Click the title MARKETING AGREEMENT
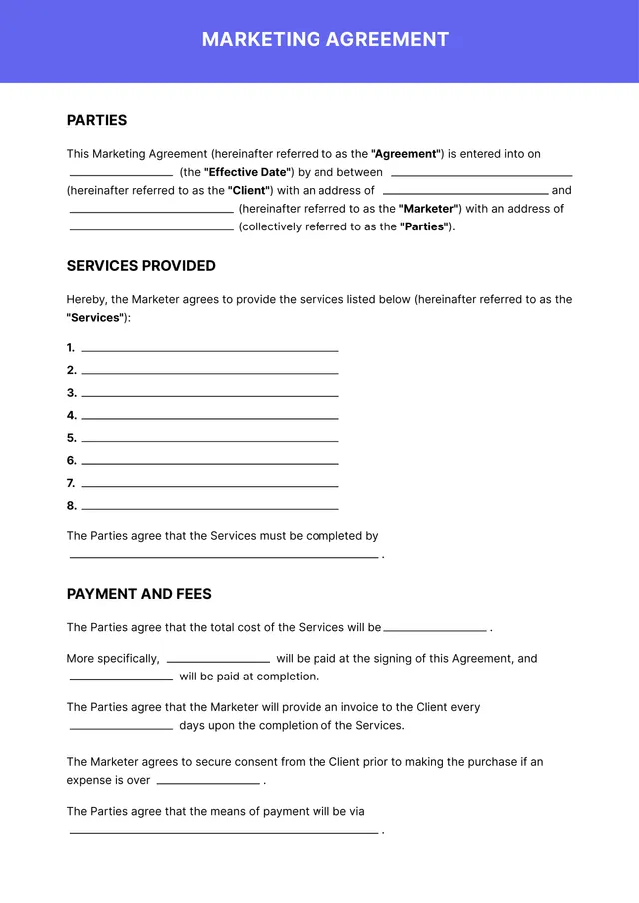coord(325,40)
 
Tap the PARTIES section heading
coord(97,120)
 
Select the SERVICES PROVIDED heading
coord(141,266)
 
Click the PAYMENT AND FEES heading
coord(139,594)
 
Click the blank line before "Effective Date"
coord(121,174)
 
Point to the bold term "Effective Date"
coord(246,172)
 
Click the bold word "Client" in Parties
coord(250,190)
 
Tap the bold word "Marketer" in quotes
coord(429,209)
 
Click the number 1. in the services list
coord(71,348)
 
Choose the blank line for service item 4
coord(210,417)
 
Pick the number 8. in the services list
coord(71,506)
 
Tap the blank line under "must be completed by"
coord(224,556)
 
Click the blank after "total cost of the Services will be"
coord(435,630)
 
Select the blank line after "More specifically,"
coord(218,661)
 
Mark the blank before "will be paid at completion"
coord(121,678)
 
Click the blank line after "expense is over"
coord(208,783)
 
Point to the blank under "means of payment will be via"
coord(224,831)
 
